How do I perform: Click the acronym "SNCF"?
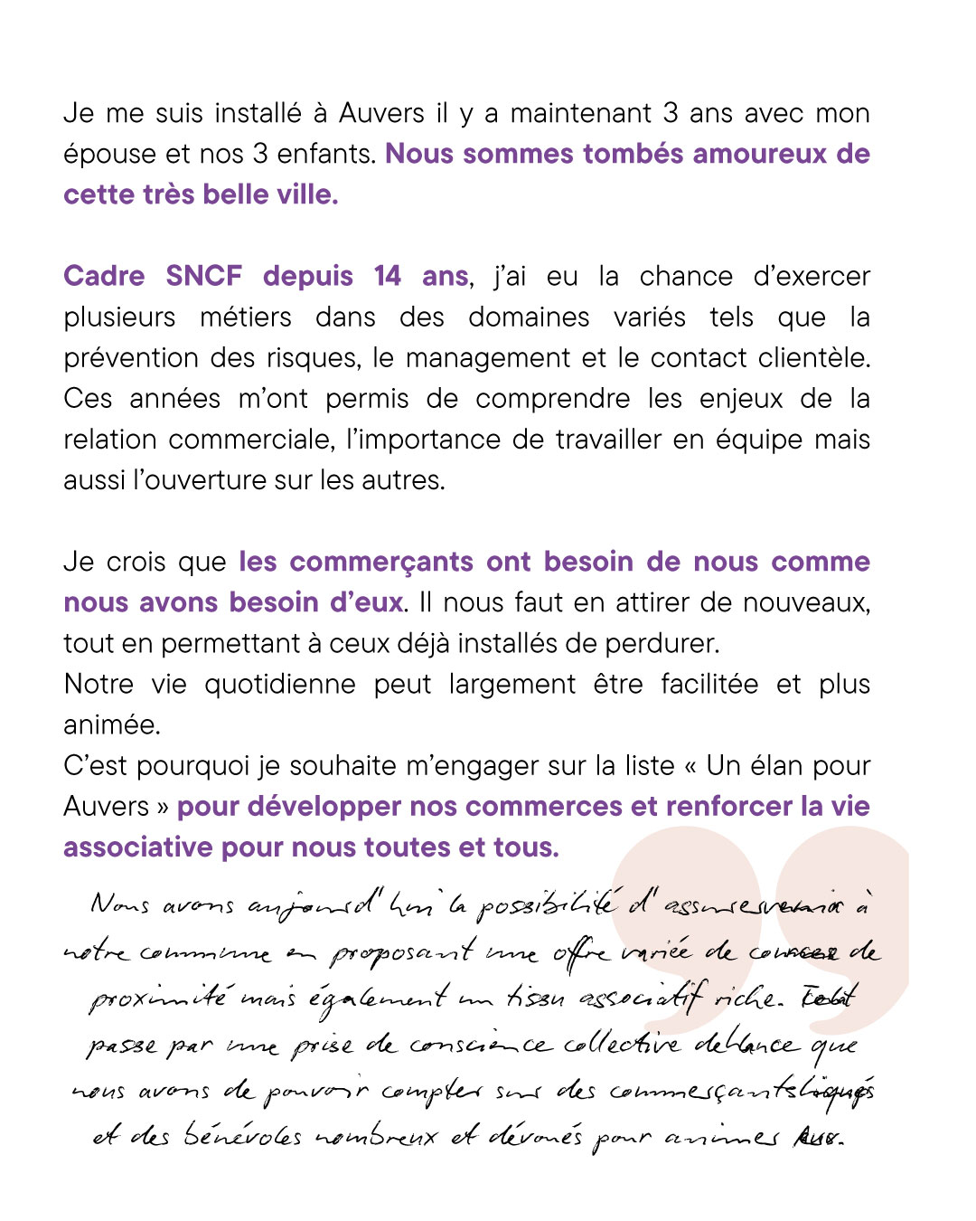tap(204, 277)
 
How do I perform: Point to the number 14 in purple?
tap(388, 277)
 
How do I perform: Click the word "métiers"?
tap(246, 317)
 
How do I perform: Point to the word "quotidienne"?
tap(280, 685)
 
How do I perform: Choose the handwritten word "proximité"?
tap(158, 999)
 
